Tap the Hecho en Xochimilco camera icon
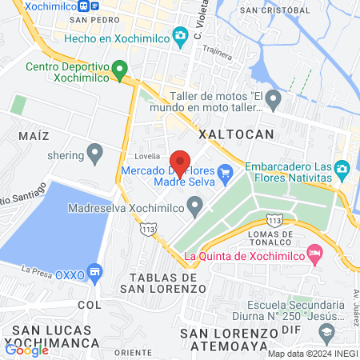pyautogui.click(x=181, y=34)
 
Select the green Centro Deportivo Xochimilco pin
pyautogui.click(x=120, y=70)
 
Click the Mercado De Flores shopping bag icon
pyautogui.click(x=225, y=170)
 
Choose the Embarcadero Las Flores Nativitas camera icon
pyautogui.click(x=342, y=168)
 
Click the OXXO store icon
pyautogui.click(x=96, y=273)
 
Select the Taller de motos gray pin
pyautogui.click(x=273, y=100)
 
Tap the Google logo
pyautogui.click(x=26, y=350)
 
